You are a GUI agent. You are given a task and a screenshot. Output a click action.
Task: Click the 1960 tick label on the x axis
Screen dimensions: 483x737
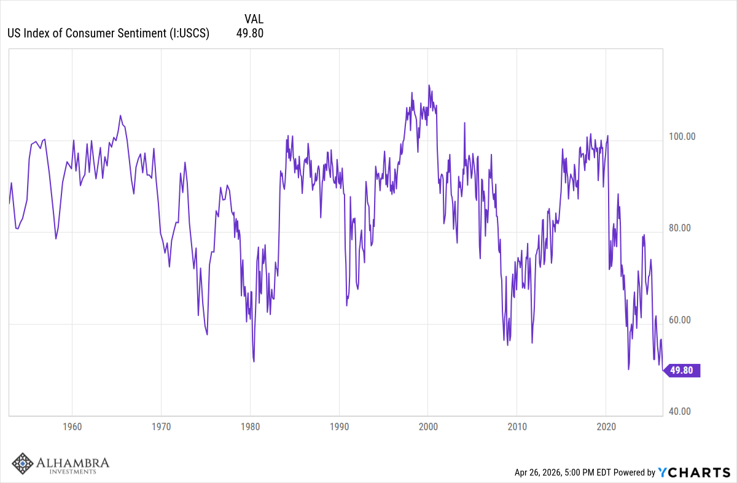tap(72, 427)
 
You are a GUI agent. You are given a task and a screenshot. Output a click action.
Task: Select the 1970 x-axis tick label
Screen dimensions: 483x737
tap(161, 427)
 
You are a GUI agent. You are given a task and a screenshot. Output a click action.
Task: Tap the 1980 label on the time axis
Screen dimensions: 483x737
tap(250, 427)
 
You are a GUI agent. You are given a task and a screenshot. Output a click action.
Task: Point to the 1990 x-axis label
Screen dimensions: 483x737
tap(339, 427)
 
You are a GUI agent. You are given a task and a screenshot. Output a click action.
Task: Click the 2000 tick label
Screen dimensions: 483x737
tap(428, 427)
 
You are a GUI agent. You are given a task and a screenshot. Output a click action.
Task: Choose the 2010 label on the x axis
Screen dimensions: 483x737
tap(517, 427)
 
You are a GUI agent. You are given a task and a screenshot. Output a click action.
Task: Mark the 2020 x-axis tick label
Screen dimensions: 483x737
tap(606, 427)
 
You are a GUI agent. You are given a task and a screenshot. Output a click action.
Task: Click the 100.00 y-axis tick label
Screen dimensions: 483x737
tap(681, 136)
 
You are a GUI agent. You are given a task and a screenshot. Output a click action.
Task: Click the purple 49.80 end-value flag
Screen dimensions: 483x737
tap(682, 370)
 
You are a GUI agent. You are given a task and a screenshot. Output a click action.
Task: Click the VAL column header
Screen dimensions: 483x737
tap(253, 19)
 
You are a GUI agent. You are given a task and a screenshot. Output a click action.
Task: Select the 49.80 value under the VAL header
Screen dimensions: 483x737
tap(249, 33)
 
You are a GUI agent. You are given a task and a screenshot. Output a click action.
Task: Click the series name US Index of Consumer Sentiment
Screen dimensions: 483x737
tap(108, 33)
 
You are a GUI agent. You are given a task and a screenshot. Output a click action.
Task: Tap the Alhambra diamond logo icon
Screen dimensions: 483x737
tap(23, 465)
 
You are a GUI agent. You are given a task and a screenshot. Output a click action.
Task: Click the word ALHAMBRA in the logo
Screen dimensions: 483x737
tap(72, 462)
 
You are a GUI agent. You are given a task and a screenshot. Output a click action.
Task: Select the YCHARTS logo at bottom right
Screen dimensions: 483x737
tap(693, 472)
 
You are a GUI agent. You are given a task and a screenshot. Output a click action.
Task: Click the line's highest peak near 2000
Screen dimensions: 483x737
tap(429, 85)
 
